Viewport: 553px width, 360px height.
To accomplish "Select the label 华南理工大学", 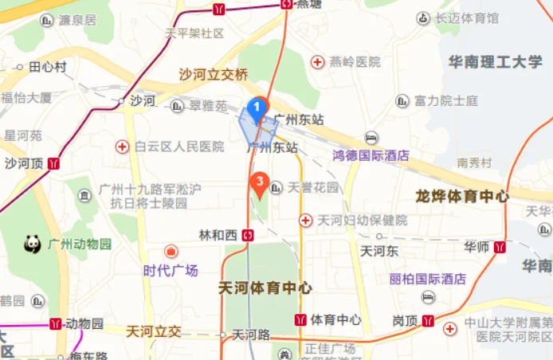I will pyautogui.click(x=495, y=62).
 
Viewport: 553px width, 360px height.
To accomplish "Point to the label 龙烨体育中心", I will pyautogui.click(x=462, y=196).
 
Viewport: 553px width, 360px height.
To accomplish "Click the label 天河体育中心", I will pyautogui.click(x=265, y=288).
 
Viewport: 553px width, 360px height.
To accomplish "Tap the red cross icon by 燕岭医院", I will pyautogui.click(x=318, y=61).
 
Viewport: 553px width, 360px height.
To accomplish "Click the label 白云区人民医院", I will pyautogui.click(x=179, y=147).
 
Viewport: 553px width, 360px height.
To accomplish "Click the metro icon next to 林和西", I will pyautogui.click(x=249, y=235).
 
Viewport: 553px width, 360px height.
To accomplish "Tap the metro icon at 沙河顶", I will pyautogui.click(x=53, y=163).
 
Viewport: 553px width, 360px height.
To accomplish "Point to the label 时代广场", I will pyautogui.click(x=171, y=270).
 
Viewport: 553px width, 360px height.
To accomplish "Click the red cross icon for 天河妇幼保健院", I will pyautogui.click(x=305, y=220).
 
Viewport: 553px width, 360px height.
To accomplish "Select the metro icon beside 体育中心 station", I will pyautogui.click(x=300, y=320).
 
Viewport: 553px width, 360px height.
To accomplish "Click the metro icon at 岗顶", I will pyautogui.click(x=429, y=321).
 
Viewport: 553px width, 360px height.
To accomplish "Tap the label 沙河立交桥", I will pyautogui.click(x=214, y=75).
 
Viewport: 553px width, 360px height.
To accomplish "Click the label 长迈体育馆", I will pyautogui.click(x=468, y=18).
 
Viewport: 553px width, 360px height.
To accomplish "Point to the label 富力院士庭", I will pyautogui.click(x=446, y=101).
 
